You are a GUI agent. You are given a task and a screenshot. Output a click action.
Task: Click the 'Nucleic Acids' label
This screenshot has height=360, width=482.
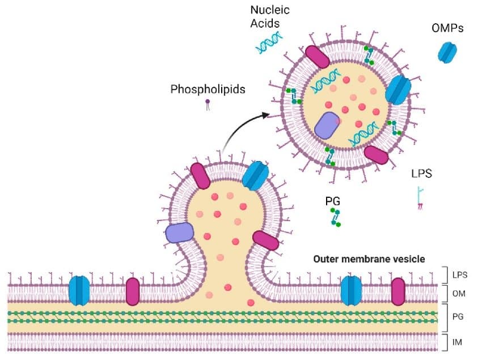[270, 18]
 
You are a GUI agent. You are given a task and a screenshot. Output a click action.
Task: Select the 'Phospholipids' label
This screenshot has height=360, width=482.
[208, 90]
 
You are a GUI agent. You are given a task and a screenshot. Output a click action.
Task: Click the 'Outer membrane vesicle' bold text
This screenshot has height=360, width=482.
[369, 259]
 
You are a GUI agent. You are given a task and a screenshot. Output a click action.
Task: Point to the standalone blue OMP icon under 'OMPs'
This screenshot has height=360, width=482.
[447, 53]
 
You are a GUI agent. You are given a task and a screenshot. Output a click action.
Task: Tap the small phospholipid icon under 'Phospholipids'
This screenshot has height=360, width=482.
[208, 104]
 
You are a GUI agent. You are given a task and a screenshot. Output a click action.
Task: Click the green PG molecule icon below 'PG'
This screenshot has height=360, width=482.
[335, 218]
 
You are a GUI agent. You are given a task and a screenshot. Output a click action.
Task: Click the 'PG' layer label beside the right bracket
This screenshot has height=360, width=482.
[459, 317]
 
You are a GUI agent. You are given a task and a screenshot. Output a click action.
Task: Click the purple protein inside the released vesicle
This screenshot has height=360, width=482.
[327, 125]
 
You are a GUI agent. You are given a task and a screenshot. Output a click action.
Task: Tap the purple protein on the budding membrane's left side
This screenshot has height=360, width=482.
[180, 233]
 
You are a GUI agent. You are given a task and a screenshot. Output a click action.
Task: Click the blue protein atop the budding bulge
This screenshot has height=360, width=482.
[255, 175]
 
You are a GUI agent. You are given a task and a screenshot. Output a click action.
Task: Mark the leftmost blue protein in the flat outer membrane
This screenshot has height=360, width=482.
[79, 290]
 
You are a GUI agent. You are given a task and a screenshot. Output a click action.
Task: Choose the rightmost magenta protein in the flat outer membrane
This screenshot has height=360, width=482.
[398, 291]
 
